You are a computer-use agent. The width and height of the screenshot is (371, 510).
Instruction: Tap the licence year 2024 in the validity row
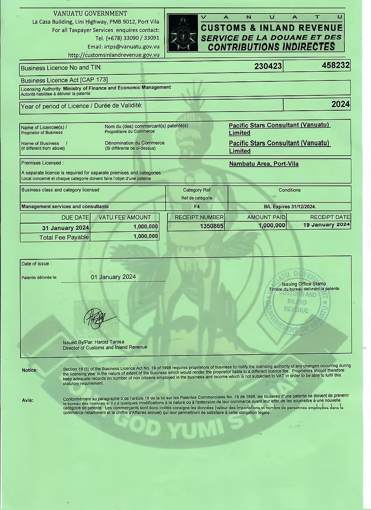click(340, 104)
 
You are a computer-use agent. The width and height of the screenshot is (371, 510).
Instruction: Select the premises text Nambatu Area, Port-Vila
click(264, 164)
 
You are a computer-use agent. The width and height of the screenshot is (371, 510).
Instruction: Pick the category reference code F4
click(197, 206)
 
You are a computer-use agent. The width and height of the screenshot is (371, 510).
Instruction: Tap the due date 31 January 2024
click(66, 228)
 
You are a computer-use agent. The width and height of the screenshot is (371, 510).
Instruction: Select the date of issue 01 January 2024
click(113, 277)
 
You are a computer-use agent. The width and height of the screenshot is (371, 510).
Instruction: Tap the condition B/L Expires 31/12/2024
click(290, 206)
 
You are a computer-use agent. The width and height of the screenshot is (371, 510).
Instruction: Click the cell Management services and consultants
click(65, 206)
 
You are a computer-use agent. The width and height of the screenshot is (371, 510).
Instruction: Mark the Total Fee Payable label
click(64, 237)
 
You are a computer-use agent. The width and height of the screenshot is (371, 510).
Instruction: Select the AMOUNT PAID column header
click(266, 217)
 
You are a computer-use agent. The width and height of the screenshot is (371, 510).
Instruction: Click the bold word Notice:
click(30, 370)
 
